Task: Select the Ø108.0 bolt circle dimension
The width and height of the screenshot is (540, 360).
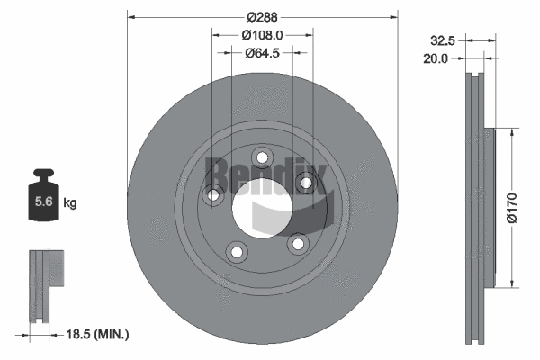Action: coord(263,35)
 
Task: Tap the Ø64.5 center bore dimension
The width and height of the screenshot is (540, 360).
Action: coord(263,53)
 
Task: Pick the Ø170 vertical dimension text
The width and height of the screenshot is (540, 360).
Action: coord(511,206)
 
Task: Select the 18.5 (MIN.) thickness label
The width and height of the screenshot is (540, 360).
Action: coord(100,334)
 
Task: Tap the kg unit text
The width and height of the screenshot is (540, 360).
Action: coord(70,203)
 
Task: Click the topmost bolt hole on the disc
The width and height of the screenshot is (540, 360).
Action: coord(262,158)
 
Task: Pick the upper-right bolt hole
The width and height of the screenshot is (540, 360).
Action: coord(306,183)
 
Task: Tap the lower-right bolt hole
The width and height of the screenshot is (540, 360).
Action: coord(294,243)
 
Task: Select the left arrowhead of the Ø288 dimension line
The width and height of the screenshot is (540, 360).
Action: coord(131,16)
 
